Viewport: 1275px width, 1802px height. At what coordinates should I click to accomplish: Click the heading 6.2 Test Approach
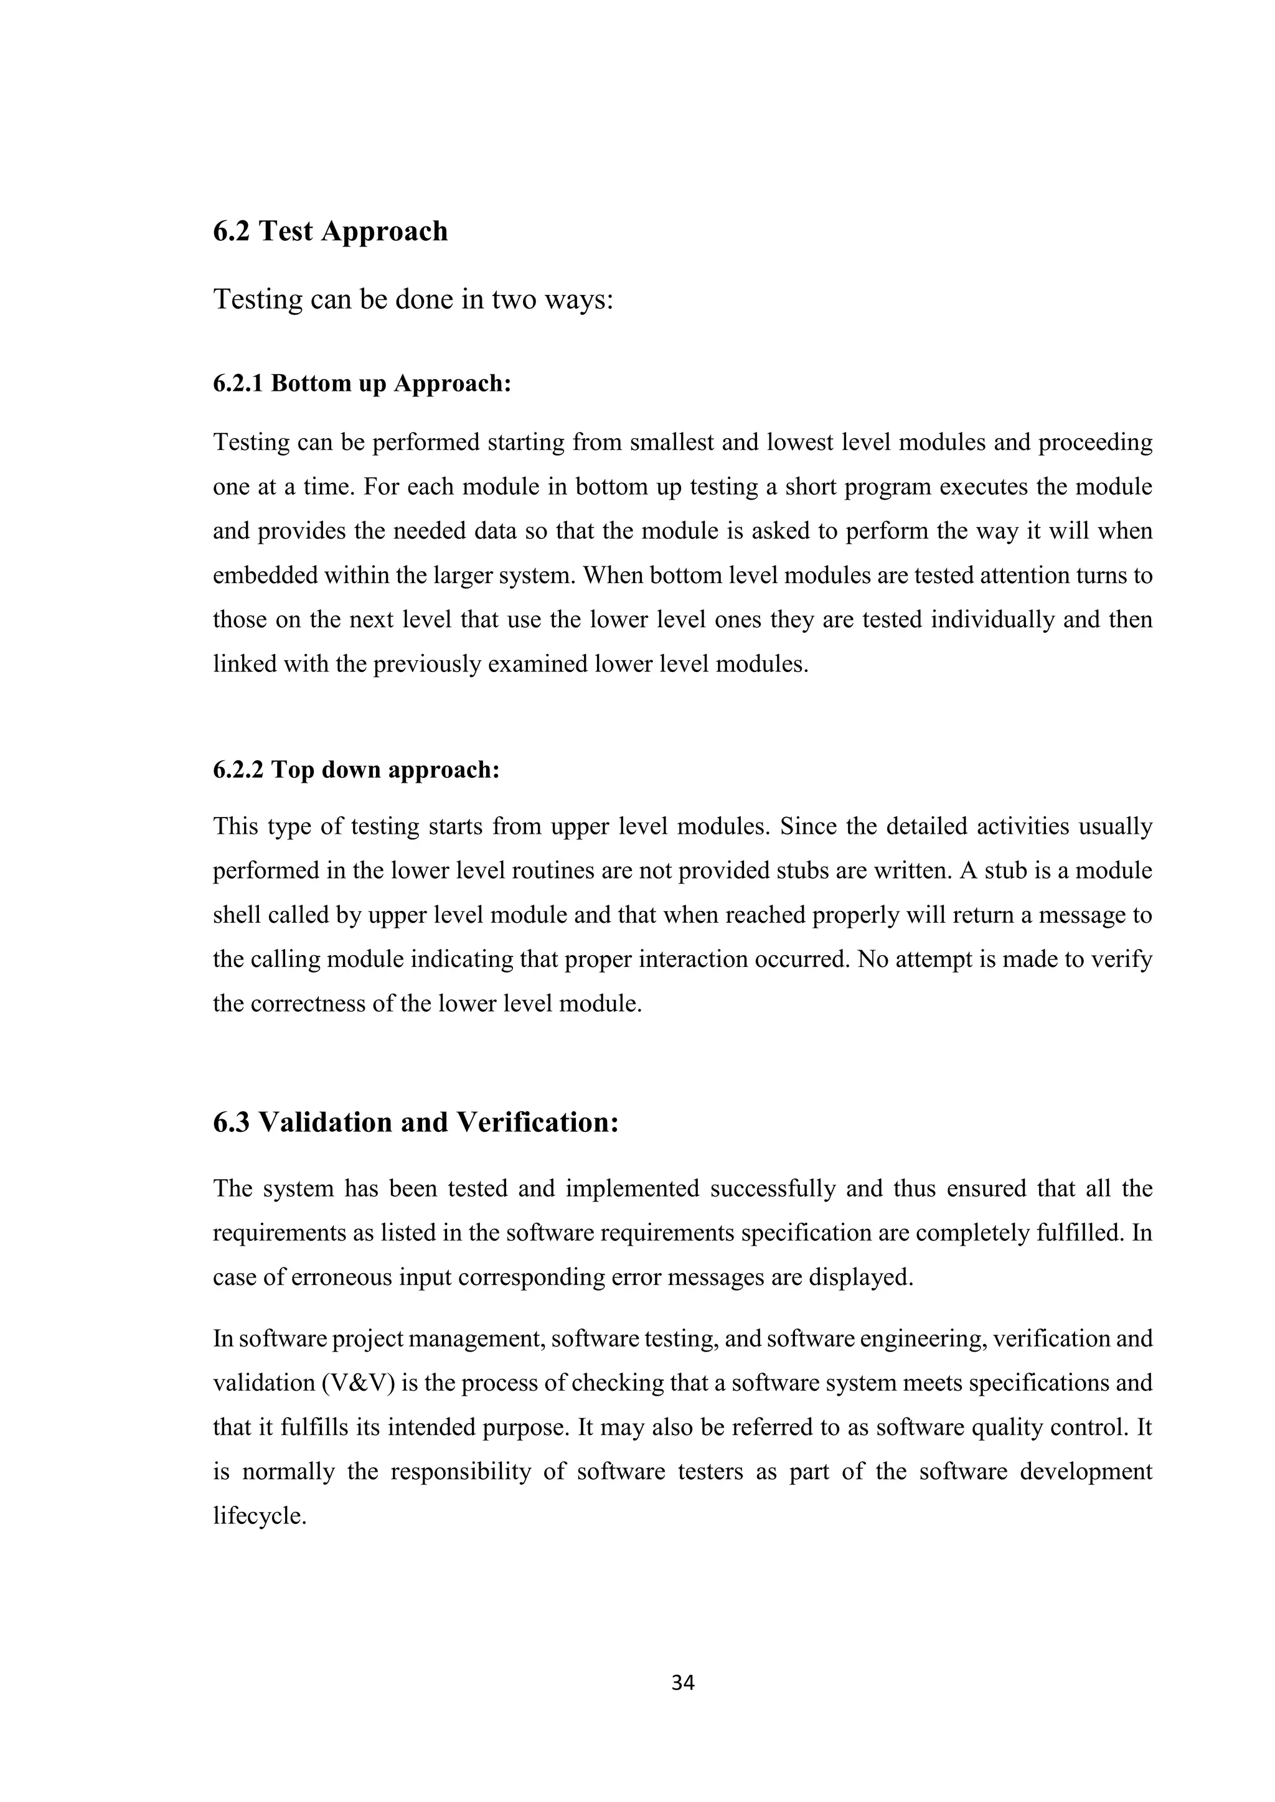click(330, 231)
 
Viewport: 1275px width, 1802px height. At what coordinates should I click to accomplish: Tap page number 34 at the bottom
click(683, 1683)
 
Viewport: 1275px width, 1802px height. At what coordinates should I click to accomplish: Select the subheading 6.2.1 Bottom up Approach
click(362, 384)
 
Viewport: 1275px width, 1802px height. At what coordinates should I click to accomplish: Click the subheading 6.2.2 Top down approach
click(355, 770)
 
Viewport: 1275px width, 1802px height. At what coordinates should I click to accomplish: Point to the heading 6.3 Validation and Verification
click(415, 1123)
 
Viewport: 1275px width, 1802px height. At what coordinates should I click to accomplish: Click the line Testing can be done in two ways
click(412, 299)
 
